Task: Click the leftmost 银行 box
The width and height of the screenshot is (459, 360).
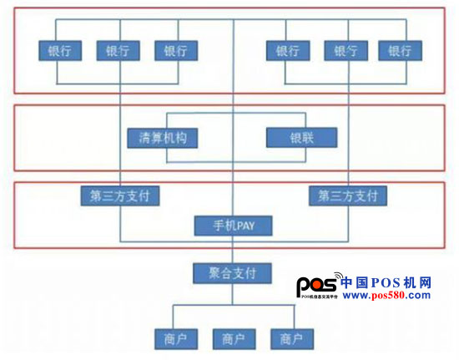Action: click(60, 51)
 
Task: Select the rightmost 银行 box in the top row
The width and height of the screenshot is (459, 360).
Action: click(400, 51)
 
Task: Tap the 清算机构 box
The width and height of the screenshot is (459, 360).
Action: click(163, 138)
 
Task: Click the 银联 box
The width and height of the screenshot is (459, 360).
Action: click(302, 137)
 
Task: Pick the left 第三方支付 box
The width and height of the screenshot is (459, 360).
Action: click(120, 195)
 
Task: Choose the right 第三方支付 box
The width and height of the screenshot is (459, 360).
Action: click(348, 195)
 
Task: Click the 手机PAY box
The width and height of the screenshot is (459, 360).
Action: click(234, 226)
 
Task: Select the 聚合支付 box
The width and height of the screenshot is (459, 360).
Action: click(233, 273)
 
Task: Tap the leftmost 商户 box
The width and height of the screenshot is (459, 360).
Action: click(176, 339)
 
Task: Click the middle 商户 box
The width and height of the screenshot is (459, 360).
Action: click(235, 339)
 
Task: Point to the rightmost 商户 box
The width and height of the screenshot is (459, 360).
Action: click(292, 339)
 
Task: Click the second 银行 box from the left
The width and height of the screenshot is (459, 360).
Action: click(119, 51)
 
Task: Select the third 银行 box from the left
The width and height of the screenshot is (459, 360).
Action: click(176, 51)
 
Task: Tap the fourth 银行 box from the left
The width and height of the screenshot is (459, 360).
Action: click(288, 51)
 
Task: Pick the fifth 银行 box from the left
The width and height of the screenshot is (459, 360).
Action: click(346, 51)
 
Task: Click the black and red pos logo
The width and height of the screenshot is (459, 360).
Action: click(320, 285)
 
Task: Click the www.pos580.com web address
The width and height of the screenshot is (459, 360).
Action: click(386, 295)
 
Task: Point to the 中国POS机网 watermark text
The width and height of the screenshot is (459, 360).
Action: click(386, 282)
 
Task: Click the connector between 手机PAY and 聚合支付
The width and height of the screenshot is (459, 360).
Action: click(233, 250)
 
